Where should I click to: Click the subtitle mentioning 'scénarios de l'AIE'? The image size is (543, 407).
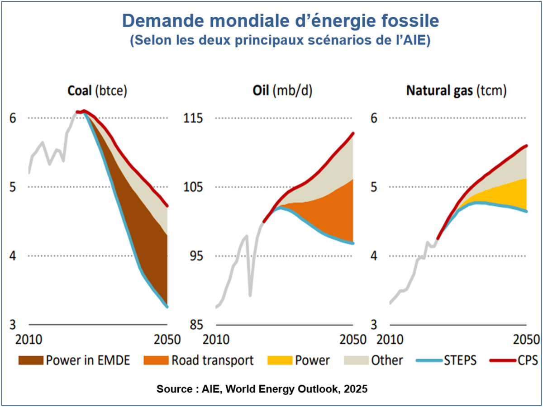[x=280, y=40]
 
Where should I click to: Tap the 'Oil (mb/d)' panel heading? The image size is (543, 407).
[x=282, y=90]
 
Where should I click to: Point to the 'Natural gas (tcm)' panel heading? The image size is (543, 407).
[x=456, y=90]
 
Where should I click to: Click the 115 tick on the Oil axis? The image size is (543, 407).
[x=192, y=118]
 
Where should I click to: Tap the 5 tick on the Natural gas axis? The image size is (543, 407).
[x=374, y=187]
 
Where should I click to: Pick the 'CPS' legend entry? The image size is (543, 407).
[x=514, y=360]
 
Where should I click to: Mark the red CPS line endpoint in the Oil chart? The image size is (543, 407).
[x=353, y=133]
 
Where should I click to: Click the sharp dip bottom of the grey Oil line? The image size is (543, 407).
[x=250, y=296]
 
